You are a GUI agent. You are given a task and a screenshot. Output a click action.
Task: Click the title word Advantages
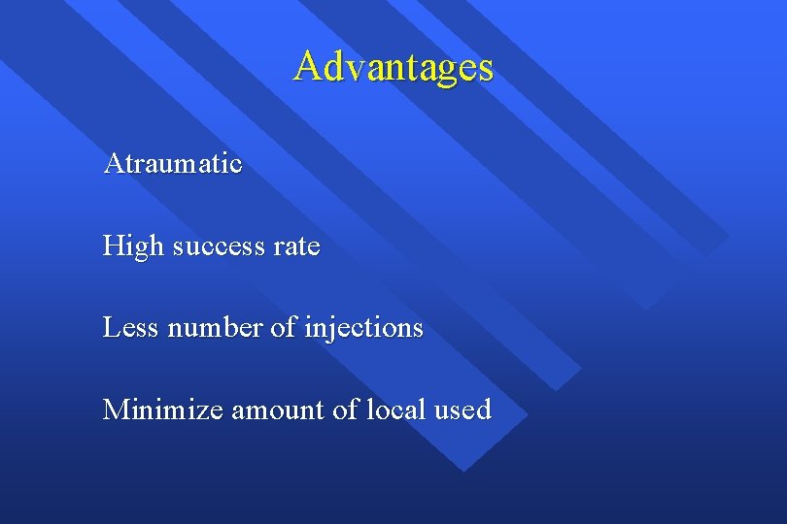393,67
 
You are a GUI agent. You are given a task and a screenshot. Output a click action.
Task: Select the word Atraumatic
173,164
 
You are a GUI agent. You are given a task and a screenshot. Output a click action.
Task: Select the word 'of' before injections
283,328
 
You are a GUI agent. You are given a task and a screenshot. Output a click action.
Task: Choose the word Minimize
163,409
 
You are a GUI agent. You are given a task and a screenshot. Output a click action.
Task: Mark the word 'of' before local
346,409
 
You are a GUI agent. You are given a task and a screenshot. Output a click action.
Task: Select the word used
462,409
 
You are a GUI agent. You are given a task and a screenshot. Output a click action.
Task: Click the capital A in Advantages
309,67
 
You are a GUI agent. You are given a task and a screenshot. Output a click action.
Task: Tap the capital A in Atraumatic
113,164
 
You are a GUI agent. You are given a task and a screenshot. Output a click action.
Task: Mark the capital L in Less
111,328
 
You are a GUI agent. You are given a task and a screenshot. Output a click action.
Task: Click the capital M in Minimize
116,409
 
